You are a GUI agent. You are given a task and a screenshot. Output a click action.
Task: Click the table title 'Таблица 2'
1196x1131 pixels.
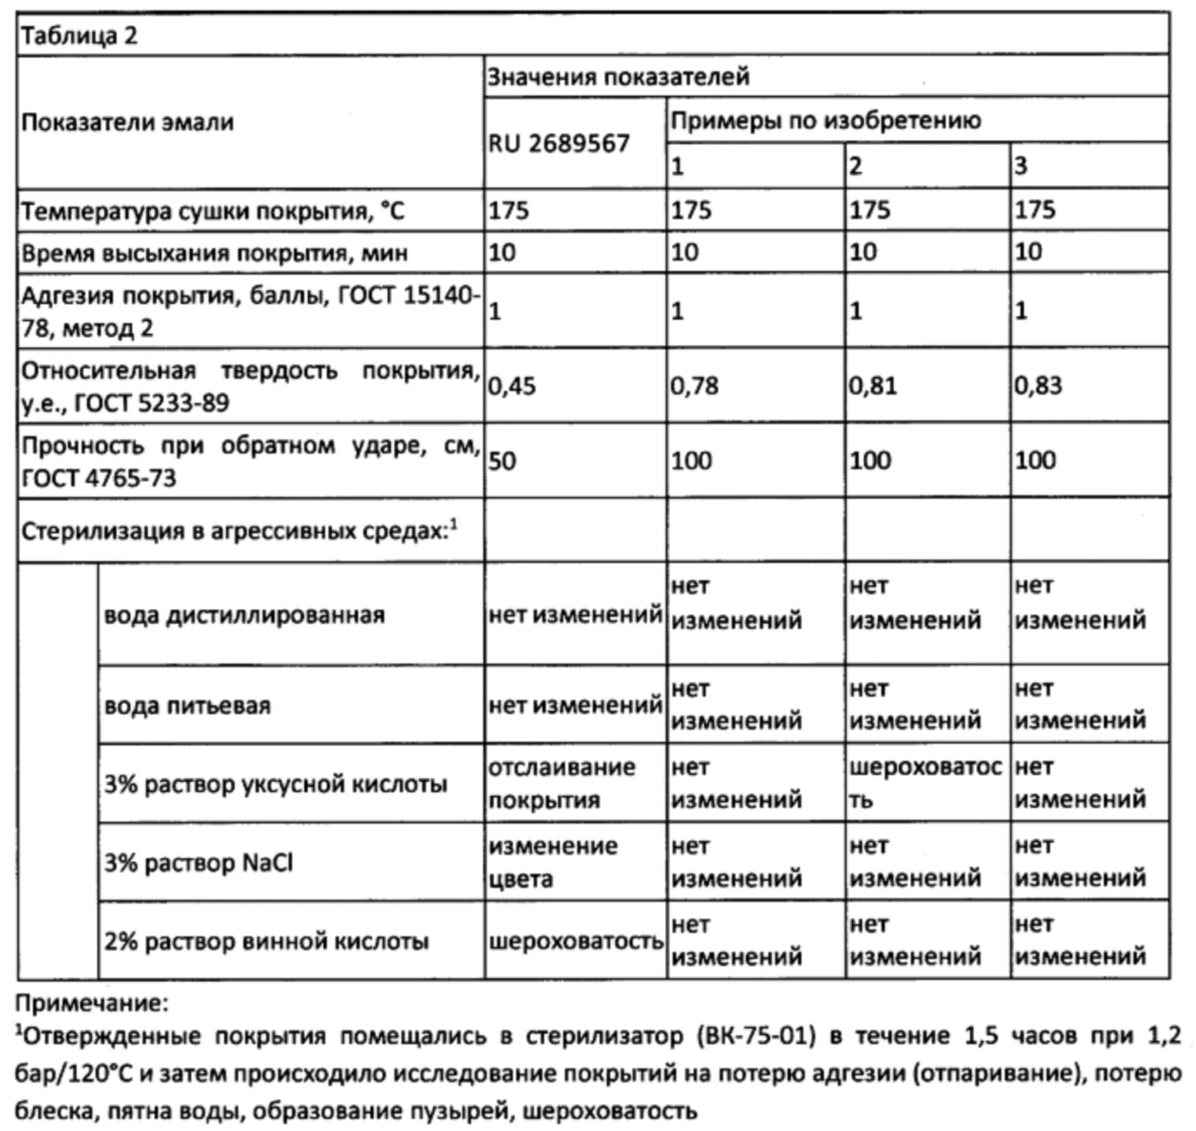(79, 35)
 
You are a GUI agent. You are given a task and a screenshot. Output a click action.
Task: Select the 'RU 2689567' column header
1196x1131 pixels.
(558, 144)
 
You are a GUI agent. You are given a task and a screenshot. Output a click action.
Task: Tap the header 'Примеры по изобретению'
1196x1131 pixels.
(825, 120)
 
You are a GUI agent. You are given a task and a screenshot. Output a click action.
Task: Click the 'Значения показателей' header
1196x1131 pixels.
(618, 77)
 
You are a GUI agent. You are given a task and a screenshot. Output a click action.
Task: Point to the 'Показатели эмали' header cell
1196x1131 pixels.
(127, 122)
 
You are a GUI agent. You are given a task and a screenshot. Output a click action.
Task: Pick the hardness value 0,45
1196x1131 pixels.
(512, 385)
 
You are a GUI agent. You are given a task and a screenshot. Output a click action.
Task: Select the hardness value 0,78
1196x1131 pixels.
(695, 385)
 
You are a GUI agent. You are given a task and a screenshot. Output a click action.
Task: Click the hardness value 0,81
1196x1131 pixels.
(872, 385)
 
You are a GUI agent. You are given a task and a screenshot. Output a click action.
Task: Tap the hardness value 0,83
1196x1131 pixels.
(1038, 385)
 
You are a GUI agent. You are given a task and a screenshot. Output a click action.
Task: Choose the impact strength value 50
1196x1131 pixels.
(502, 461)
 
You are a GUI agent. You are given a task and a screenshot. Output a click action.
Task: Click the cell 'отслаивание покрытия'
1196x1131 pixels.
(561, 784)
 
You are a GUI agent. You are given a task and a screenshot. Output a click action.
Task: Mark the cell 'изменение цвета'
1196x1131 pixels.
(552, 862)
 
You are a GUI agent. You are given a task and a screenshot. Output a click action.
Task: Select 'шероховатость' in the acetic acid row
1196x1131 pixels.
(924, 784)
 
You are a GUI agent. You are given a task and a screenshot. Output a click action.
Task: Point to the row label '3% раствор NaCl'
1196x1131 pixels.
(198, 863)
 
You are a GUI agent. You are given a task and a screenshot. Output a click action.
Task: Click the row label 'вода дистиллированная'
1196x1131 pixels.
(244, 615)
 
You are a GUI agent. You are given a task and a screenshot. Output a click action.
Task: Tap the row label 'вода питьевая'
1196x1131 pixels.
(187, 705)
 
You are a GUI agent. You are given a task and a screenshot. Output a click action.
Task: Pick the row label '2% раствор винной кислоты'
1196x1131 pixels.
(266, 942)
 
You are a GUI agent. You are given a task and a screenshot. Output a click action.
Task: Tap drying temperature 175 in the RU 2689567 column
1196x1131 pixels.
(508, 209)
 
